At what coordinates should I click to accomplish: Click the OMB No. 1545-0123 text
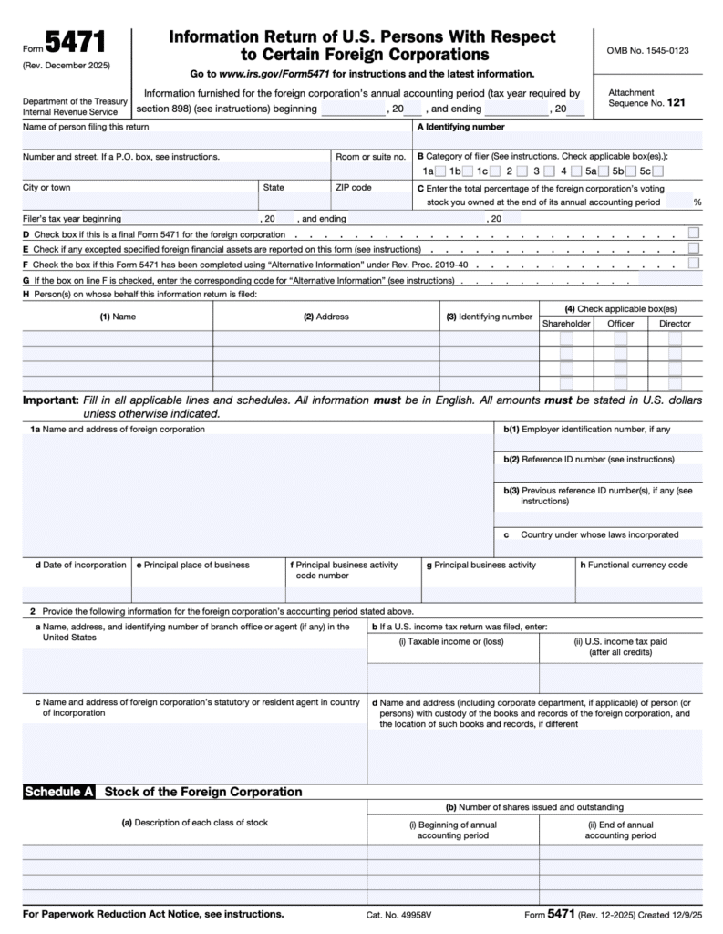[x=649, y=50]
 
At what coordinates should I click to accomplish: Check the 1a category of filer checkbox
[x=440, y=171]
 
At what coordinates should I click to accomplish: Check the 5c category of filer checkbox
[x=657, y=171]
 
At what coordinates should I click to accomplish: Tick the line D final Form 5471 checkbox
[x=694, y=233]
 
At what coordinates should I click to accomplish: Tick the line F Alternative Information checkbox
[x=694, y=264]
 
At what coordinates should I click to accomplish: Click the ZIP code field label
[x=354, y=187]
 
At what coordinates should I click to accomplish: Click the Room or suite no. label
[x=370, y=157]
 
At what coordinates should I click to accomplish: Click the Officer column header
[x=620, y=323]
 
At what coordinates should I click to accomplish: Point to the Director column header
[x=675, y=323]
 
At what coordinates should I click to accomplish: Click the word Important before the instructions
[x=50, y=400]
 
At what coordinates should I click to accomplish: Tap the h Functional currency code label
[x=634, y=565]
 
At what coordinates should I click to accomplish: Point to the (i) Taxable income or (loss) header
[x=452, y=641]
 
